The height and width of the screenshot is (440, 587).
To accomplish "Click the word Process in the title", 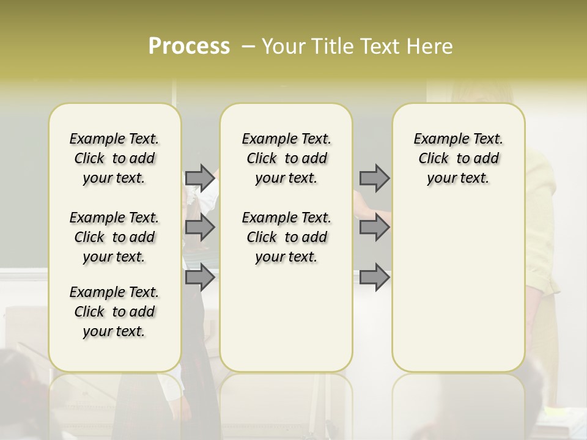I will tap(189, 46).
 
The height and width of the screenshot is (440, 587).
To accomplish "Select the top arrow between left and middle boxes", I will tap(200, 178).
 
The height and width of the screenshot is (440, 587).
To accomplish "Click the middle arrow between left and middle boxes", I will tap(200, 227).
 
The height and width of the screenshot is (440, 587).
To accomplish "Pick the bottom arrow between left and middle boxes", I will tap(200, 277).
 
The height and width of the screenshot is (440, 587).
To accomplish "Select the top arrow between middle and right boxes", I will tap(374, 178).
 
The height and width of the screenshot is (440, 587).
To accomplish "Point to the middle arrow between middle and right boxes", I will tap(374, 227).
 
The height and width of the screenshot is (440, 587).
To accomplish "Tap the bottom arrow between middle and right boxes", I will tap(374, 277).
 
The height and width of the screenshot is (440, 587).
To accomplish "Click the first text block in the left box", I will tap(114, 158).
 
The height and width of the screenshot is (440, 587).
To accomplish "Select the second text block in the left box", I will tap(114, 237).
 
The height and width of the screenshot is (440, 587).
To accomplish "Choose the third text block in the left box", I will tap(114, 312).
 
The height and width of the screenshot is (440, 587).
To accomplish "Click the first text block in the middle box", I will tap(287, 158).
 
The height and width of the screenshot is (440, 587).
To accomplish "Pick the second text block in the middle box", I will tap(287, 237).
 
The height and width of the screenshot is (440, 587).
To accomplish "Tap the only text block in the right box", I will tap(459, 158).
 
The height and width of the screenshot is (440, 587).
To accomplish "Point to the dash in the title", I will tap(248, 46).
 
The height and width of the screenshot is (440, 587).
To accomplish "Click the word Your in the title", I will tap(283, 46).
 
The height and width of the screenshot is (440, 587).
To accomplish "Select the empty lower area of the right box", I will tap(459, 293).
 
